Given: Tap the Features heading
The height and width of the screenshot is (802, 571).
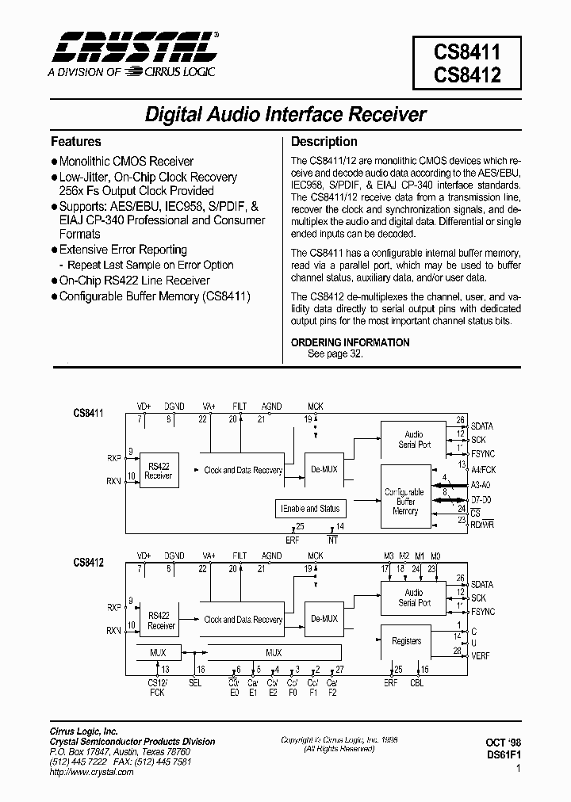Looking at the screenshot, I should coord(76,142).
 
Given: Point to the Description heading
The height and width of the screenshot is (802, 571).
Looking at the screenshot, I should coord(324,142).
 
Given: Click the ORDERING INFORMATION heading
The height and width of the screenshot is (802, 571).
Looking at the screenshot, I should coord(351,342).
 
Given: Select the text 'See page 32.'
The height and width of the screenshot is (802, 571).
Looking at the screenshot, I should coord(335,354).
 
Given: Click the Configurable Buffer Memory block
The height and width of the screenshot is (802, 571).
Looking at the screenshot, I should coord(404,502).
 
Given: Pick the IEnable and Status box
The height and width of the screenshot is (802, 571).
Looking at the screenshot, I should coord(308,509).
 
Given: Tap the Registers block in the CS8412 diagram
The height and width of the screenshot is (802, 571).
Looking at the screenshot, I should coord(406,641).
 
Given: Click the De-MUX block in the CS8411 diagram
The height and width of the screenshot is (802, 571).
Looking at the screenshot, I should coord(324,469).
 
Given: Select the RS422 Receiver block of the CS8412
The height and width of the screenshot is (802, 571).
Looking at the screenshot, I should coord(161,620).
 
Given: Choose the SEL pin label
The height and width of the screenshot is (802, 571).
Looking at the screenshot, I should coord(196,682).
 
